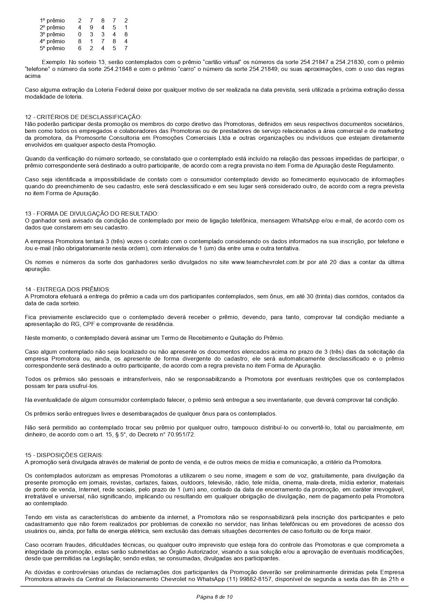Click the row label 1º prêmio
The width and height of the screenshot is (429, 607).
(52, 21)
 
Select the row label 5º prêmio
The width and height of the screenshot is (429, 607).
(52, 48)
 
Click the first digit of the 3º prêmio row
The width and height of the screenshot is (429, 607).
(80, 35)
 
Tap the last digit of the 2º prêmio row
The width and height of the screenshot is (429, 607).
(126, 28)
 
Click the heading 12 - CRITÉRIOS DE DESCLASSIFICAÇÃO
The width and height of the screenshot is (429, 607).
(83, 117)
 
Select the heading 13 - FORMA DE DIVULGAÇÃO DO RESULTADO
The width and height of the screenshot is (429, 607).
(92, 214)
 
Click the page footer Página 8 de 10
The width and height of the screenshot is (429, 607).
(214, 597)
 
